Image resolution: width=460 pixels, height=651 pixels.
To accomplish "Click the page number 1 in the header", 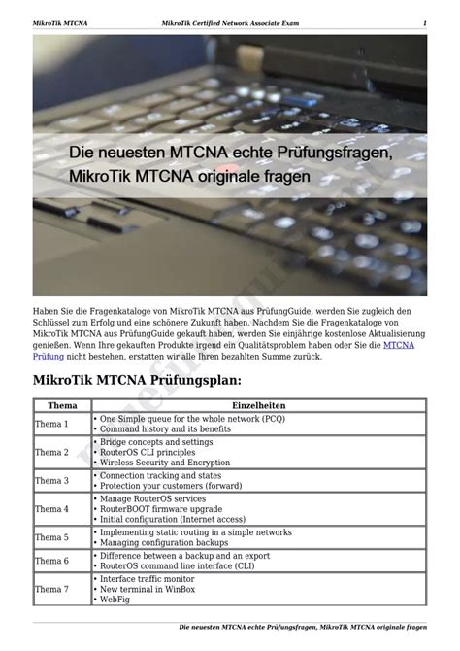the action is point(424,22).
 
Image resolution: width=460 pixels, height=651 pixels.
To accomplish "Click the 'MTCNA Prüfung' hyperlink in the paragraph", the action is point(399,345).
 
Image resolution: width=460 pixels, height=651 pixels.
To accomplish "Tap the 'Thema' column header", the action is point(62,405).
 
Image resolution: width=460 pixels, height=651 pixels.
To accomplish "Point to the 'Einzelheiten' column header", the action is point(258,405).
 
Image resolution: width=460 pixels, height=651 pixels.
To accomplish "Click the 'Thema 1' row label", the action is point(51,424).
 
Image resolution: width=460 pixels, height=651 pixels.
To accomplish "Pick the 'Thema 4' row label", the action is point(51,509).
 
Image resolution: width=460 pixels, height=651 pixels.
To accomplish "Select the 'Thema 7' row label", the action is point(51,589).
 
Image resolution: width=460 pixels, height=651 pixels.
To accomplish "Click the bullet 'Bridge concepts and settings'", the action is point(156,441).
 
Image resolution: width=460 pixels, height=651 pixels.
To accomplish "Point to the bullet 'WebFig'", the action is point(115,600).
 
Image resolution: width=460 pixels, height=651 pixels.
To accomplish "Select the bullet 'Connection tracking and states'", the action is point(160,476).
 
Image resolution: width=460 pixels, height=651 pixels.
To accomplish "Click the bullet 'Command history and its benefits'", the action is point(165,428).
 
